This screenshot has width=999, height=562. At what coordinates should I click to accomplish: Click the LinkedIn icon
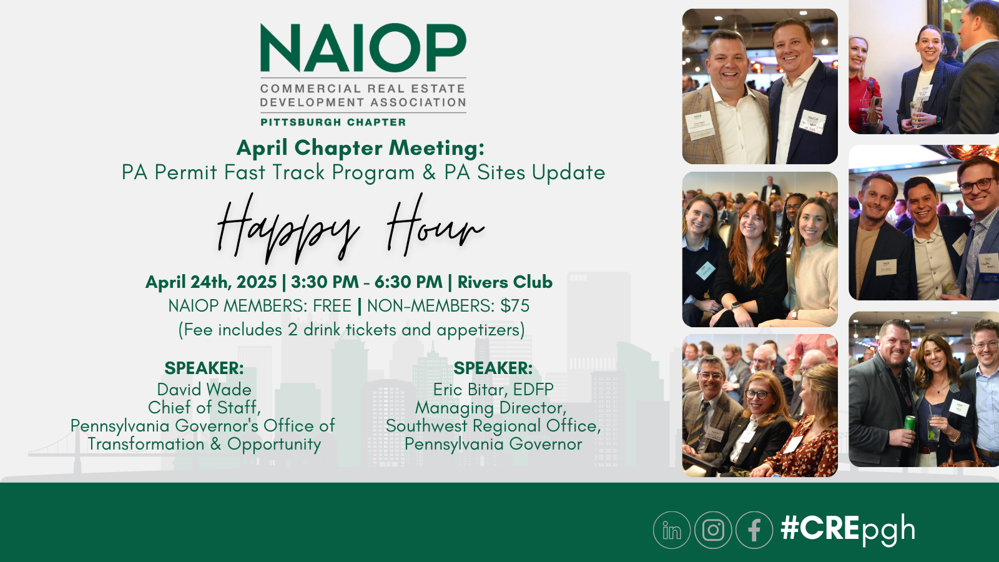(671, 530)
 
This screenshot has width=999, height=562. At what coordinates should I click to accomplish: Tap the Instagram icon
(713, 530)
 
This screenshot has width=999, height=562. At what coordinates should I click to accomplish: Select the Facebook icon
(754, 530)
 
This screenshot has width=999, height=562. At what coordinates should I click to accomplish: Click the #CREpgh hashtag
(848, 529)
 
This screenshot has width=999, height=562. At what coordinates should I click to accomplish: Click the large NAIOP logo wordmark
(363, 49)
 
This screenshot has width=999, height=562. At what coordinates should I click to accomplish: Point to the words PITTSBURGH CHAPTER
(333, 122)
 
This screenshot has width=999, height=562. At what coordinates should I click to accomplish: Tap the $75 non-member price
(514, 306)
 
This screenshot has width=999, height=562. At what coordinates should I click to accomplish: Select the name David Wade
(204, 390)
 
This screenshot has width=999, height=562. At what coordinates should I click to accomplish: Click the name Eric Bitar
(469, 390)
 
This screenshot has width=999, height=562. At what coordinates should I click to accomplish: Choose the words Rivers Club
(504, 282)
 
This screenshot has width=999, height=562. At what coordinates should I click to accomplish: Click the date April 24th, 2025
(211, 282)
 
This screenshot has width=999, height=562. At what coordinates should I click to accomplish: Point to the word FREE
(332, 306)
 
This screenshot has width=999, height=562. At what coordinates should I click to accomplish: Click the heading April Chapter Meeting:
(360, 148)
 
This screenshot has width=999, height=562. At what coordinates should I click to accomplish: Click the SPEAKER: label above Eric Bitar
(493, 368)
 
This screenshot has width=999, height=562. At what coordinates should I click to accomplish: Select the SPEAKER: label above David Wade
(204, 368)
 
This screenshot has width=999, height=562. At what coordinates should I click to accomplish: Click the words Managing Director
(490, 408)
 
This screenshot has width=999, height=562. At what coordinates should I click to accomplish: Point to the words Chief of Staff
(204, 408)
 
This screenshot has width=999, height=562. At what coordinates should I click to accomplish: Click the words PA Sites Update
(524, 172)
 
